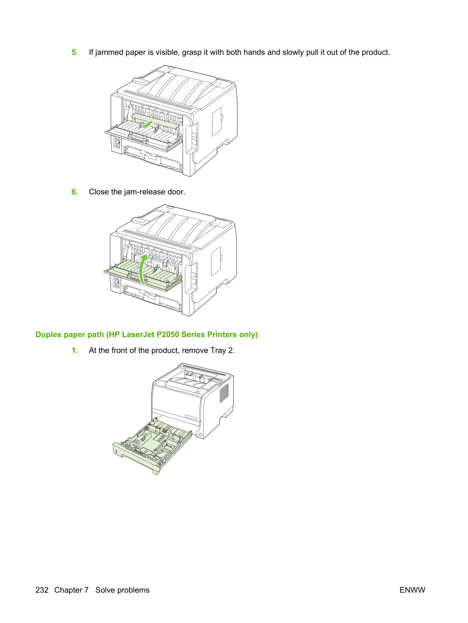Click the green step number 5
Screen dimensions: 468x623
click(75, 52)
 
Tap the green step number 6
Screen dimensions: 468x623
click(75, 192)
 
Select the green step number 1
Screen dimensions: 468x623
click(75, 351)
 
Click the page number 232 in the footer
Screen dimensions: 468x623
click(42, 590)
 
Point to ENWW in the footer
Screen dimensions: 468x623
click(412, 590)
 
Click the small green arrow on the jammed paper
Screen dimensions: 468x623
click(148, 124)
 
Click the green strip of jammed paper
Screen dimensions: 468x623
click(155, 121)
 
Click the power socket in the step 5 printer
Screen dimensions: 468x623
click(117, 143)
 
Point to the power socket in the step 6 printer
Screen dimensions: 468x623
click(116, 282)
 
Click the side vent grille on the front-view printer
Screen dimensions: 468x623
click(224, 393)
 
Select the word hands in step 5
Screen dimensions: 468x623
click(254, 52)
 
